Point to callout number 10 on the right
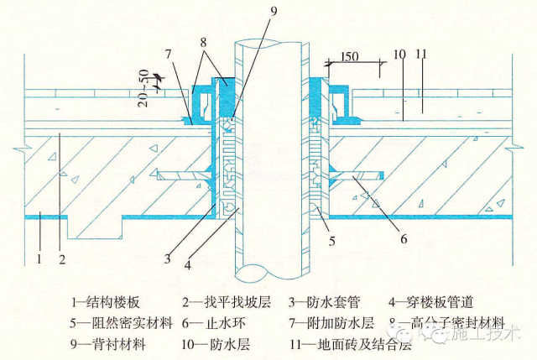click(x=399, y=55)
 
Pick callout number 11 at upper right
click(x=422, y=55)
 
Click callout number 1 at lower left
click(x=38, y=258)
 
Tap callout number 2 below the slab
click(x=62, y=258)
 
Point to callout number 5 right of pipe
click(x=332, y=243)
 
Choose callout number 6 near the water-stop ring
click(x=404, y=239)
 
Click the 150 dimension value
click(x=351, y=56)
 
